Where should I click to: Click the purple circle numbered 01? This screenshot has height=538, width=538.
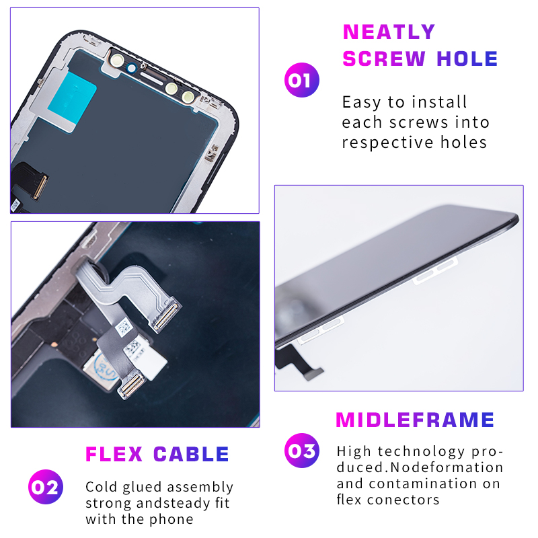tap(301, 80)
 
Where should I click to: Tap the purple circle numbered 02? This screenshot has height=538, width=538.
tap(46, 487)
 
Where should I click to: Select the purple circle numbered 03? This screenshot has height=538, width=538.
tap(301, 451)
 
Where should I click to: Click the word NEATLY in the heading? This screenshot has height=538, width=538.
tap(389, 32)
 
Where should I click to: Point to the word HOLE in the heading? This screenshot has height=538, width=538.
tap(467, 59)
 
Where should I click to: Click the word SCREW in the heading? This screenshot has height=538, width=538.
tap(384, 59)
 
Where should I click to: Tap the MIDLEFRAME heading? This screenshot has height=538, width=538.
tap(415, 420)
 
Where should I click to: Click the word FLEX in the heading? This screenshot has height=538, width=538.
tap(114, 455)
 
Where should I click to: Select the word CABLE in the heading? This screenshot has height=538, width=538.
tap(191, 455)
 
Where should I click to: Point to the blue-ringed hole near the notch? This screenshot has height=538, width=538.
tap(131, 68)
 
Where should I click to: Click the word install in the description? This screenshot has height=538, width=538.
tap(439, 102)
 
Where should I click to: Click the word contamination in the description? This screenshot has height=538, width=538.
tap(423, 484)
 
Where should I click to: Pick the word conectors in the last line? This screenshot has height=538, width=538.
tap(403, 500)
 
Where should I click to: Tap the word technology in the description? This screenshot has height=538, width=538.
tap(421, 451)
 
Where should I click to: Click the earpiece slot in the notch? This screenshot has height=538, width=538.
tap(152, 77)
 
